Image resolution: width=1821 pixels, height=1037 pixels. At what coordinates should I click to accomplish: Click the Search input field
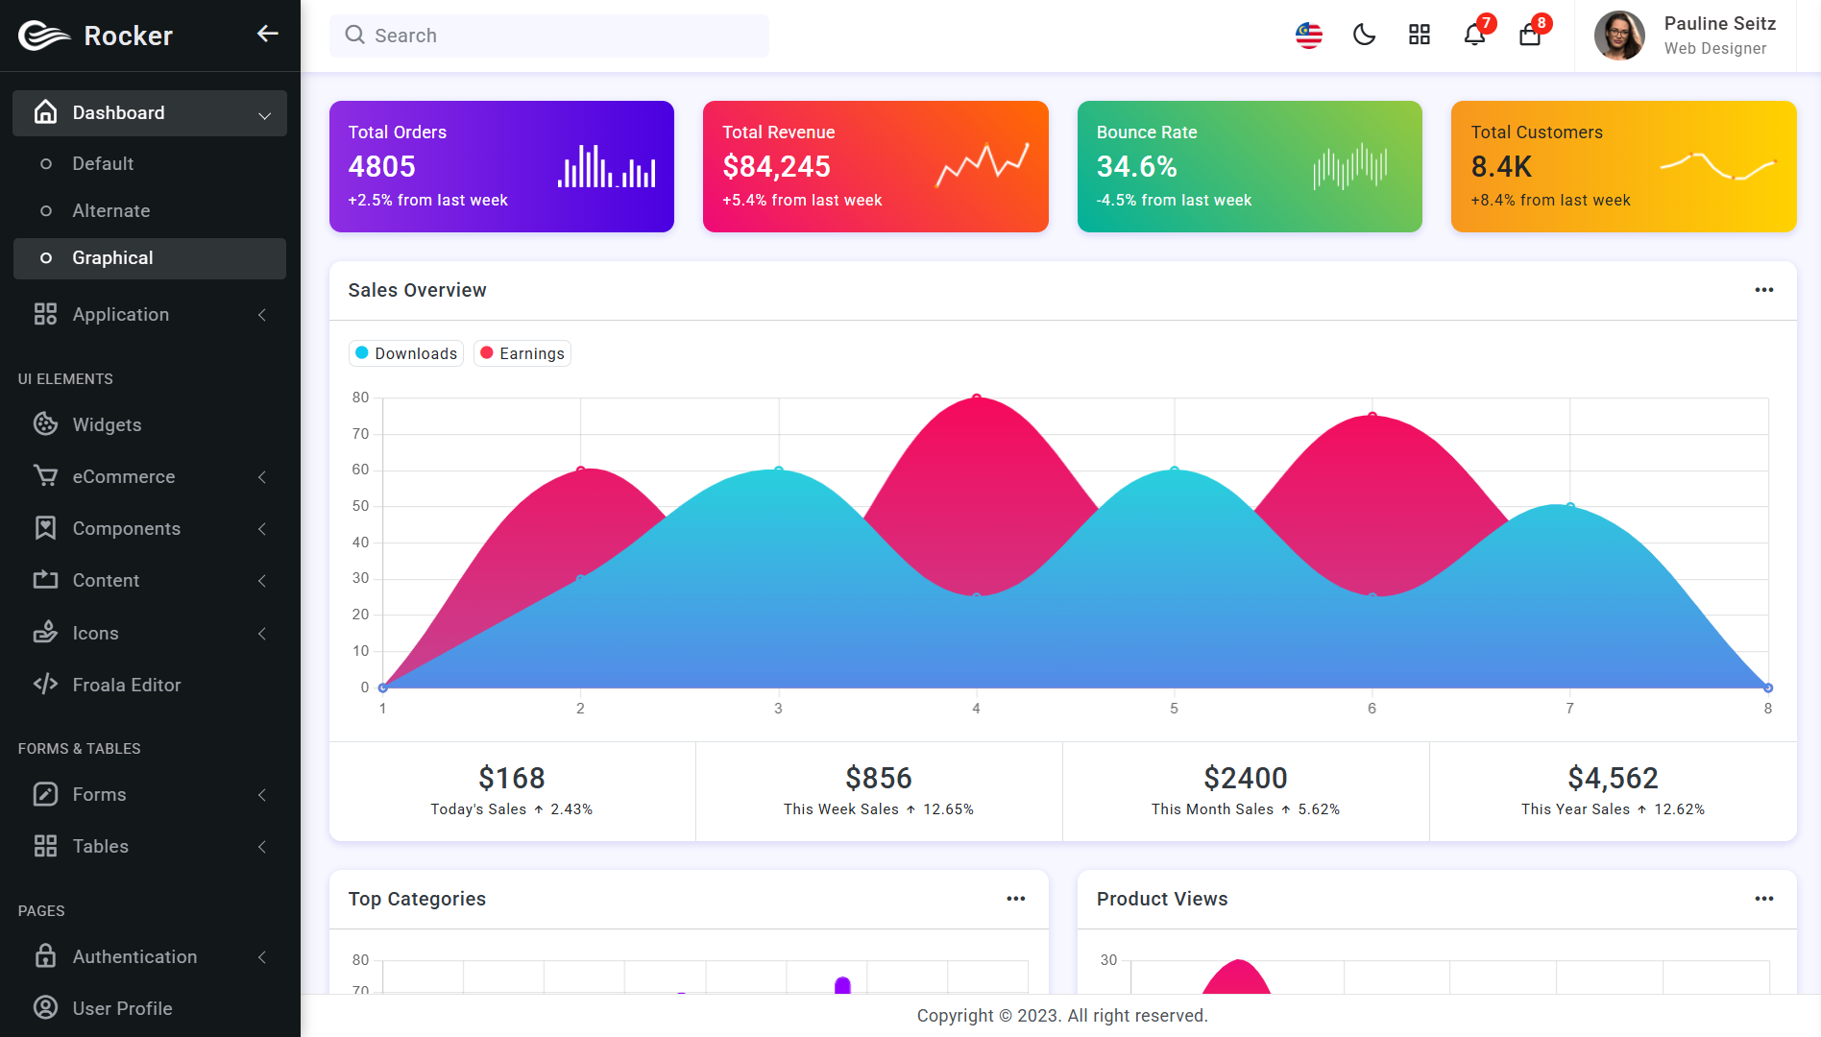[548, 36]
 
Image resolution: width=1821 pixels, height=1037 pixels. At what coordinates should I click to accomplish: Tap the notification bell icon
[1474, 36]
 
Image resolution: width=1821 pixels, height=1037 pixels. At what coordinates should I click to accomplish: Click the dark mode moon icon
[1364, 36]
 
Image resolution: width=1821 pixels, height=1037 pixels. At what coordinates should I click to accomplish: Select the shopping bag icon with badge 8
[1530, 36]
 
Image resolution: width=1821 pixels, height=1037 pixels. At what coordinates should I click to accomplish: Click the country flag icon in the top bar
[1308, 36]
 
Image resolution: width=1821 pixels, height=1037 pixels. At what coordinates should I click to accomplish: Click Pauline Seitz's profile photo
[1619, 36]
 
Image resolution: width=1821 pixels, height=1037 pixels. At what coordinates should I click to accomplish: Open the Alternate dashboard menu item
[111, 210]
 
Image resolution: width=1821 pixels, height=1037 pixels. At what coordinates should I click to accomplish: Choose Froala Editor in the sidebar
[127, 685]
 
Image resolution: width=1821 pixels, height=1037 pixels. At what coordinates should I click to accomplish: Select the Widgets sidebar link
[108, 424]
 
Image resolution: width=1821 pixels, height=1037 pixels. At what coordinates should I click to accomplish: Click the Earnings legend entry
[522, 353]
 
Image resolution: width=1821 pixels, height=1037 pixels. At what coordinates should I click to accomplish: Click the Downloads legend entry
[406, 353]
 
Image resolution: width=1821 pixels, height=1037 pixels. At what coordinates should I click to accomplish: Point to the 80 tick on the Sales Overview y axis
[360, 398]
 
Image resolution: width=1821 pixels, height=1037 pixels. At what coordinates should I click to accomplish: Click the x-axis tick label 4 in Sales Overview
[976, 709]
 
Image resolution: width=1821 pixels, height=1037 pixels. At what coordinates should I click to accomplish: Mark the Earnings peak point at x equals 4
[977, 398]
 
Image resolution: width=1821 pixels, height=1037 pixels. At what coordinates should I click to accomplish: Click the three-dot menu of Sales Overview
[1764, 290]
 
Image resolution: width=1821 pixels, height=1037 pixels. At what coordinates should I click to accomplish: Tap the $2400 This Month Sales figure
[1246, 778]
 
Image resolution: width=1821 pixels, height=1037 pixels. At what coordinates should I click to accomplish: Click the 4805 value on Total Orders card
[382, 166]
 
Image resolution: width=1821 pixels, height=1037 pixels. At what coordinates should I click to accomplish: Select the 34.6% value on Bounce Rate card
[1137, 166]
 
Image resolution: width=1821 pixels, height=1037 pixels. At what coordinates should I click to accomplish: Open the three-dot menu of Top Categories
[1016, 899]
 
